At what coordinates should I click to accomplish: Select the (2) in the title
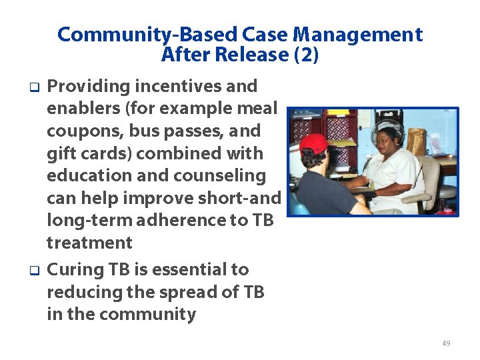click(306, 55)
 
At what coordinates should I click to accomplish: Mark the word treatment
click(89, 243)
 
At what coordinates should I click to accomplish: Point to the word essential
click(190, 270)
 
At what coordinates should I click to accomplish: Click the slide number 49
click(446, 343)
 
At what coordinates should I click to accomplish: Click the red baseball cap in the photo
click(313, 143)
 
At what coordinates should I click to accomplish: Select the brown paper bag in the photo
click(416, 141)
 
